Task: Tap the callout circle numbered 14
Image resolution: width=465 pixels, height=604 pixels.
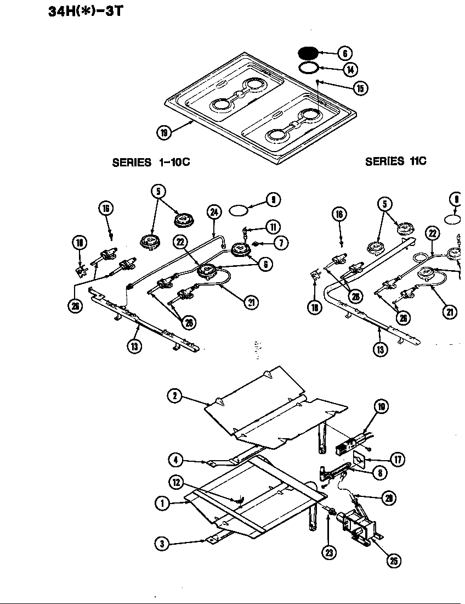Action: [350, 70]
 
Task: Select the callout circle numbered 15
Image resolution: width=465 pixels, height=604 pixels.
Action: [360, 88]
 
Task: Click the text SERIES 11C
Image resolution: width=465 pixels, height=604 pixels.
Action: [395, 161]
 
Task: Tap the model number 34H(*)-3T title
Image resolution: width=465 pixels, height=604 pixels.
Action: [84, 11]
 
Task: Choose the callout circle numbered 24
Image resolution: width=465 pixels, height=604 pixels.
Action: [214, 212]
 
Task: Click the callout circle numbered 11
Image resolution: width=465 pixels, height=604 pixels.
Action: [273, 227]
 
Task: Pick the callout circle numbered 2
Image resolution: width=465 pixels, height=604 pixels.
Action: [174, 395]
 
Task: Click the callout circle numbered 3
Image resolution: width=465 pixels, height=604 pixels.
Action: [162, 544]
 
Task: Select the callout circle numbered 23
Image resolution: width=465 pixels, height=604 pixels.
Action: [328, 552]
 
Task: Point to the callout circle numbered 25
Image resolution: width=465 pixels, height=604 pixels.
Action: [393, 560]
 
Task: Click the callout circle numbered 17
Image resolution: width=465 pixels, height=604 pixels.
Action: [396, 459]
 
